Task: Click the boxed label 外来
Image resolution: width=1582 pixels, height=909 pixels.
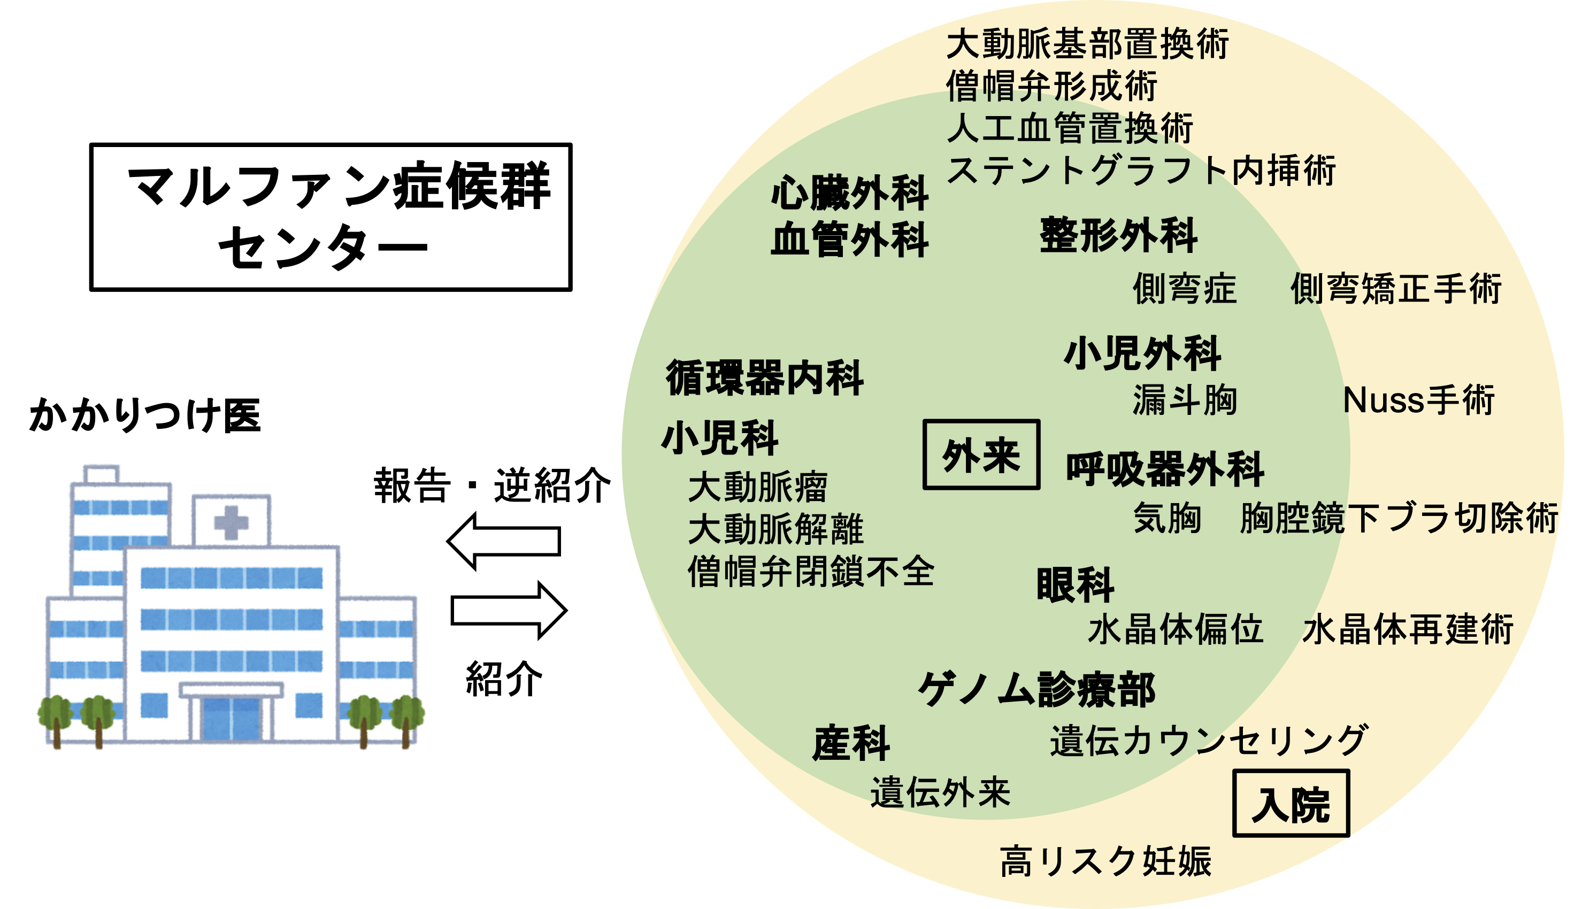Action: pos(981,454)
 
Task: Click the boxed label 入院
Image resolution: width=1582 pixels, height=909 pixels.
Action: pos(1291,804)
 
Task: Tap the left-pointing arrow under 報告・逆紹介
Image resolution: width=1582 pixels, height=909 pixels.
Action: pos(503,541)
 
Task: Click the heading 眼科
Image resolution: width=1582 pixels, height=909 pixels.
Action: pos(1075,585)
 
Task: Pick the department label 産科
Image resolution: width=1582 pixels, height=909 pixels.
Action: pos(851,743)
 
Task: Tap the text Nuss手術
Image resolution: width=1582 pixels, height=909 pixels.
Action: pos(1418,399)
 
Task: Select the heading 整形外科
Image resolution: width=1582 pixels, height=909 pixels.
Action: pos(1118,235)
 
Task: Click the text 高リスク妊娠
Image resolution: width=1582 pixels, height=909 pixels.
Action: pos(1105,861)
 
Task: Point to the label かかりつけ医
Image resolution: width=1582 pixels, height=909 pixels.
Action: pos(145,415)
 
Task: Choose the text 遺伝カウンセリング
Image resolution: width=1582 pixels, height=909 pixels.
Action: pos(1209,741)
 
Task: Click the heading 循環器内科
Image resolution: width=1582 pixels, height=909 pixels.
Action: pos(765,378)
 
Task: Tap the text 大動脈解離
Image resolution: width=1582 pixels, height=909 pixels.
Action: pos(775,529)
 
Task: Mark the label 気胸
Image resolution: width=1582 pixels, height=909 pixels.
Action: pos(1167,518)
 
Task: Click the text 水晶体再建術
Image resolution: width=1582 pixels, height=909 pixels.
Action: pos(1408,629)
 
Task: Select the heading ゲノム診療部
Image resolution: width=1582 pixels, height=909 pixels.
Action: pos(1037,690)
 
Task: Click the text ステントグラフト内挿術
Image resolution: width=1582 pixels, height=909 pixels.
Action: pos(1141,170)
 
